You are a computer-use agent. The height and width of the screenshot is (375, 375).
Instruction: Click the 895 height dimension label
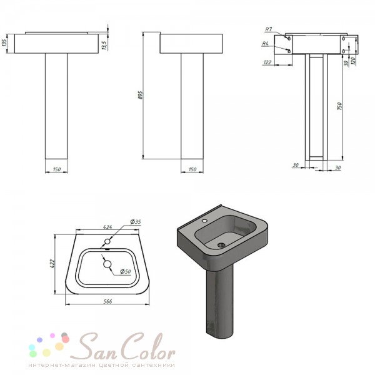tap(141, 95)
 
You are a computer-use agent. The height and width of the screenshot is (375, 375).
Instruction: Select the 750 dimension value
tap(339, 106)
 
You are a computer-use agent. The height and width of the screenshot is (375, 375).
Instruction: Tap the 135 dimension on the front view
tap(4, 43)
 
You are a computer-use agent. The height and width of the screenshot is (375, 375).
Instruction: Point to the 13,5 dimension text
tap(104, 45)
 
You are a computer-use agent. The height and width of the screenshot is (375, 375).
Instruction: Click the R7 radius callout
tap(269, 29)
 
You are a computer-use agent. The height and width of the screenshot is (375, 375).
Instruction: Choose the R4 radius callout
tap(265, 44)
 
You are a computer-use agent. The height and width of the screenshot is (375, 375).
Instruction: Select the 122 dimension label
tap(267, 62)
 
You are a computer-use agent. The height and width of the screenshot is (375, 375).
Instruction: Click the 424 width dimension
tap(107, 227)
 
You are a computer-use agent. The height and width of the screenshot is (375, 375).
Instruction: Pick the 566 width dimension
tap(107, 301)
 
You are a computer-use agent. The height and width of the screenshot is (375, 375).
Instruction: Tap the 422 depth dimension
tap(52, 264)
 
